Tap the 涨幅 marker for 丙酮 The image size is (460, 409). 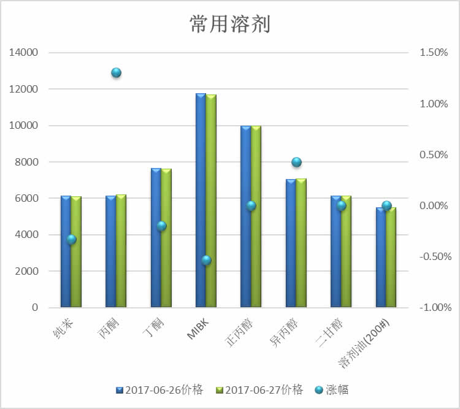pyautogui.click(x=116, y=73)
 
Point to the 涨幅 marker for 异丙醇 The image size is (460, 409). pyautogui.click(x=297, y=162)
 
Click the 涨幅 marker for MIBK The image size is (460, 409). pyautogui.click(x=207, y=260)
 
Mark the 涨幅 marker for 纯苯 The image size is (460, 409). pyautogui.click(x=71, y=239)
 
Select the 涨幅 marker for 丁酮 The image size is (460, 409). pyautogui.click(x=161, y=226)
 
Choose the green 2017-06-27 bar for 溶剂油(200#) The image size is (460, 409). pyautogui.click(x=391, y=257)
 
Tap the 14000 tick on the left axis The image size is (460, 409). pyautogui.click(x=23, y=53)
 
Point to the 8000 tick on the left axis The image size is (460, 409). pyautogui.click(x=26, y=162)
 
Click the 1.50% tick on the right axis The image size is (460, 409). pyautogui.click(x=434, y=53)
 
